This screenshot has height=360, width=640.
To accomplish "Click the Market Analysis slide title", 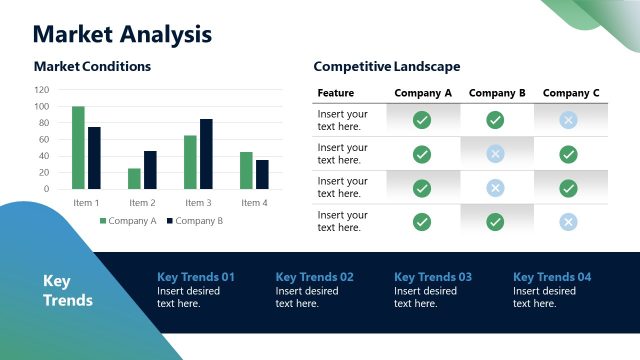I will click(x=122, y=34).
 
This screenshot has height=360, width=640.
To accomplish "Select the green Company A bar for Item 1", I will click(x=78, y=147).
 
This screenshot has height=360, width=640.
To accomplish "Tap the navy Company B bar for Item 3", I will click(x=206, y=154).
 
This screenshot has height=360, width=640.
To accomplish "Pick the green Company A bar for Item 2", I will click(x=134, y=178).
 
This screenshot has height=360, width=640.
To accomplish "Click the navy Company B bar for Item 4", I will click(x=262, y=174).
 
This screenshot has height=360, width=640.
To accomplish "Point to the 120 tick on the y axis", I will click(x=41, y=90).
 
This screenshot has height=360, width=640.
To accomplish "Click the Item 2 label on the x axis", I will click(x=142, y=203).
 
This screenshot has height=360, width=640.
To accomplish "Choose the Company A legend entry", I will click(x=128, y=221).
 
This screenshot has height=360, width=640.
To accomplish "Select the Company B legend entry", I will click(x=194, y=221).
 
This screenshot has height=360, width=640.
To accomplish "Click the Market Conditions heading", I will click(x=92, y=67).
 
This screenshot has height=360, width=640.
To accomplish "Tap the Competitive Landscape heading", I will click(x=386, y=67).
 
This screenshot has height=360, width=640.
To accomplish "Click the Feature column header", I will click(x=335, y=93).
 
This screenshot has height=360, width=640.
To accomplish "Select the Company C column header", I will click(x=571, y=93).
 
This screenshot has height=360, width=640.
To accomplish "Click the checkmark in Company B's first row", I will click(x=495, y=120).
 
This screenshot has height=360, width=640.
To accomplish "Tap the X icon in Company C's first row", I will click(x=568, y=120).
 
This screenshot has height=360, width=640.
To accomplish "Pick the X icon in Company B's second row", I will click(x=495, y=154).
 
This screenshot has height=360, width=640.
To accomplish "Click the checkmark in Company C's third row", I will click(x=568, y=188).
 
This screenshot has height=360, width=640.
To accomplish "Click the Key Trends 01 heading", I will click(x=196, y=277).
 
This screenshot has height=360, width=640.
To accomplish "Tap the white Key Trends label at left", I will click(x=68, y=290).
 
